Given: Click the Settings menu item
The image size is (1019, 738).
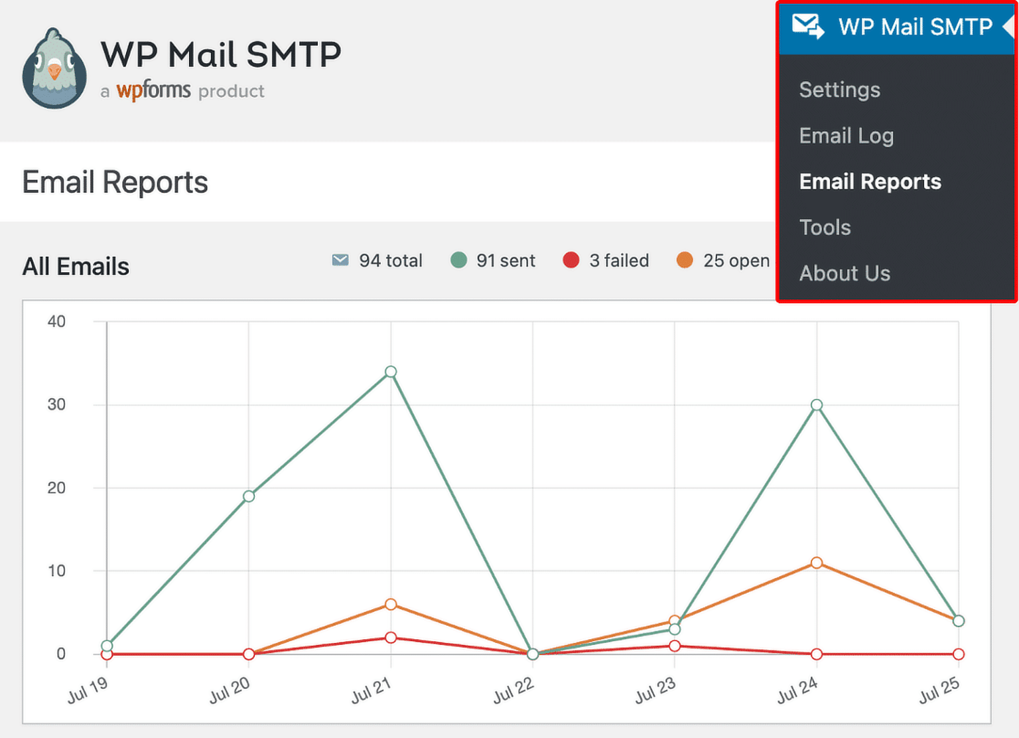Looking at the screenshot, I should (839, 90).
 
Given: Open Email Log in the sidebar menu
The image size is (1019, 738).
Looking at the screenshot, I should (846, 135).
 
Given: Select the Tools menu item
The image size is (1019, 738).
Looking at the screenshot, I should (825, 228).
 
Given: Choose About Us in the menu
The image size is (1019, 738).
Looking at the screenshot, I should (844, 273).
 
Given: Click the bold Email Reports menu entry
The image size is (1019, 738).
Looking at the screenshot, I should (870, 182).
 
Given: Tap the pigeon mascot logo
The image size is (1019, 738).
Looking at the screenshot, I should (54, 69).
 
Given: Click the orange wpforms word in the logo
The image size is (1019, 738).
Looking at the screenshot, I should (153, 90).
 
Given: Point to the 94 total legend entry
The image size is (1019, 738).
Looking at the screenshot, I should (377, 261).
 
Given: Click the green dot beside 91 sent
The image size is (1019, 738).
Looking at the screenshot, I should (458, 260).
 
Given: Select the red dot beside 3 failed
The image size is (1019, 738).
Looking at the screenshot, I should (571, 260).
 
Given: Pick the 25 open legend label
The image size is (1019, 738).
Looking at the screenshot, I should (736, 261).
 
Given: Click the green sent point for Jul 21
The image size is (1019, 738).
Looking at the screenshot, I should (391, 372).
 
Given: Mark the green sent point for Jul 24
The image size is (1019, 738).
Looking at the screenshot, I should (817, 405).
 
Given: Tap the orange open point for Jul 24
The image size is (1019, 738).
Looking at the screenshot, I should (817, 563).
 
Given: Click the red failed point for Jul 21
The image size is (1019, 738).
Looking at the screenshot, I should (391, 638).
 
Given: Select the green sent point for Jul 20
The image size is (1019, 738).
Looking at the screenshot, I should (249, 496).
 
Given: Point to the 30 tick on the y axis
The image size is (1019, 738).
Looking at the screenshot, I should (56, 405).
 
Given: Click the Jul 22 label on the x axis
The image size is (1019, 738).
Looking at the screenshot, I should (513, 690).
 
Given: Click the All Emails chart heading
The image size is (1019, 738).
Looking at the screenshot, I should (76, 267).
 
